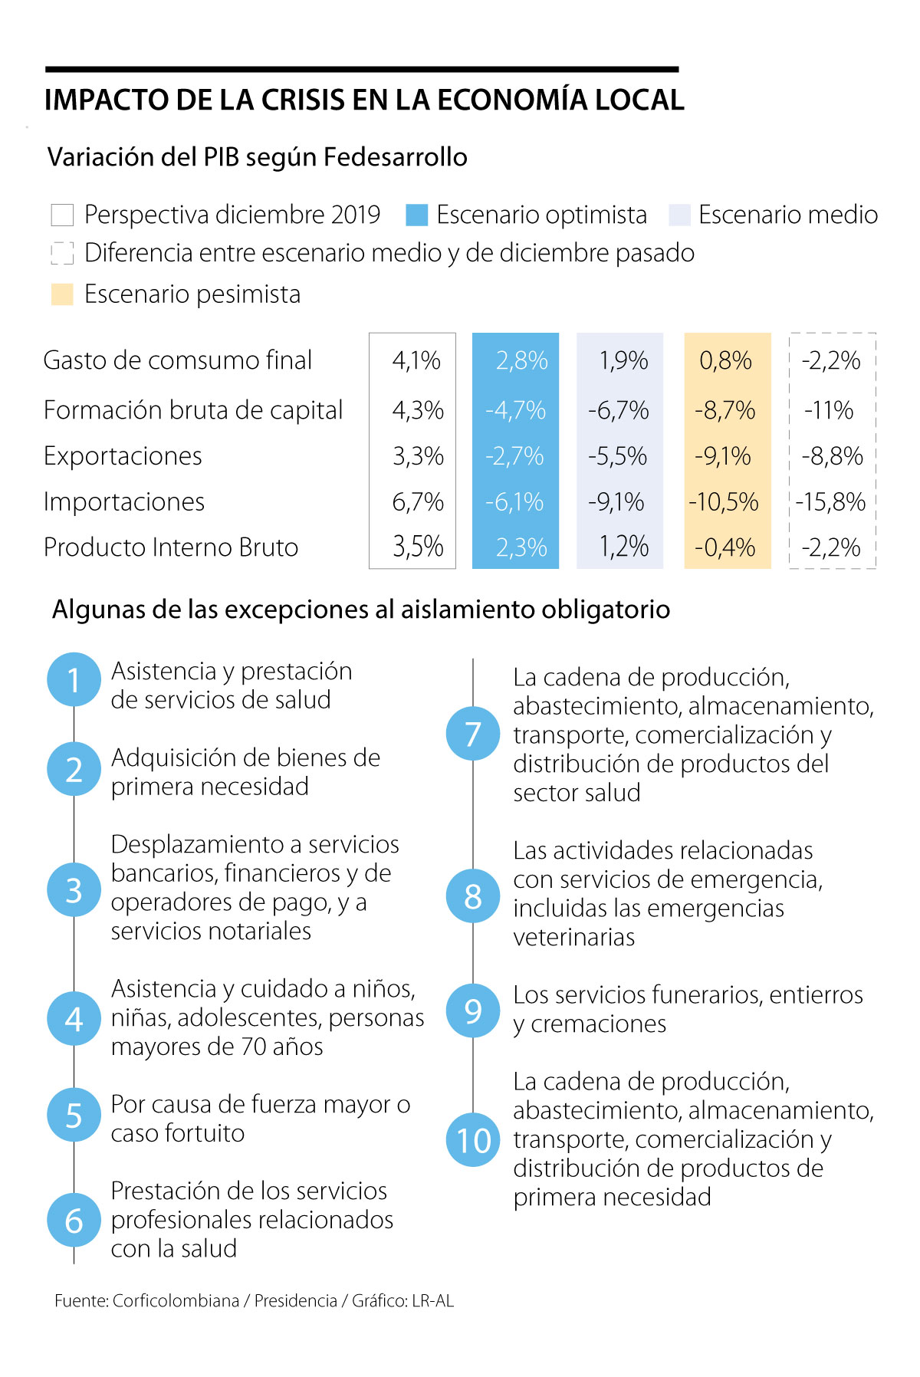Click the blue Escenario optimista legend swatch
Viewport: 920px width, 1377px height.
pyautogui.click(x=416, y=215)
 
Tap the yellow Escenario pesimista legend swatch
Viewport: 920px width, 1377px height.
pyautogui.click(x=62, y=294)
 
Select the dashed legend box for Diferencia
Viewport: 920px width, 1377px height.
pyautogui.click(x=62, y=253)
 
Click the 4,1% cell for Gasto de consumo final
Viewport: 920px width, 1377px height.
pyautogui.click(x=416, y=360)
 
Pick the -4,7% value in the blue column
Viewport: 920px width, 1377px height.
pyautogui.click(x=515, y=410)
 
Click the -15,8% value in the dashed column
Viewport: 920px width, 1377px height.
pyautogui.click(x=831, y=502)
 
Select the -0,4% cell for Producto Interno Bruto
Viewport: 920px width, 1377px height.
pyautogui.click(x=725, y=547)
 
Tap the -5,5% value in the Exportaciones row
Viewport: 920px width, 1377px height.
pyautogui.click(x=618, y=456)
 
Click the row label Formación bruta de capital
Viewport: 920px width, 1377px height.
pyautogui.click(x=193, y=410)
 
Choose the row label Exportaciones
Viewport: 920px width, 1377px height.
pyautogui.click(x=123, y=456)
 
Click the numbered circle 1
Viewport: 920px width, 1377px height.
pyautogui.click(x=74, y=680)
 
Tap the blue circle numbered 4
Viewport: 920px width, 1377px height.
pyautogui.click(x=74, y=1019)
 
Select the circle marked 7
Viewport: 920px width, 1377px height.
pyautogui.click(x=473, y=734)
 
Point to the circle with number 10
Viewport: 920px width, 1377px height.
pyautogui.click(x=473, y=1140)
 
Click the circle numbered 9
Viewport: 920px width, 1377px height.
pyautogui.click(x=473, y=1011)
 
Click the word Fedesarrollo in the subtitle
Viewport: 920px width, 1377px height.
pyautogui.click(x=396, y=157)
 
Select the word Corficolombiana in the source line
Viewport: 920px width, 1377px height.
pyautogui.click(x=176, y=1300)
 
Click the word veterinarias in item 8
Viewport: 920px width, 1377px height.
pyautogui.click(x=574, y=937)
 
